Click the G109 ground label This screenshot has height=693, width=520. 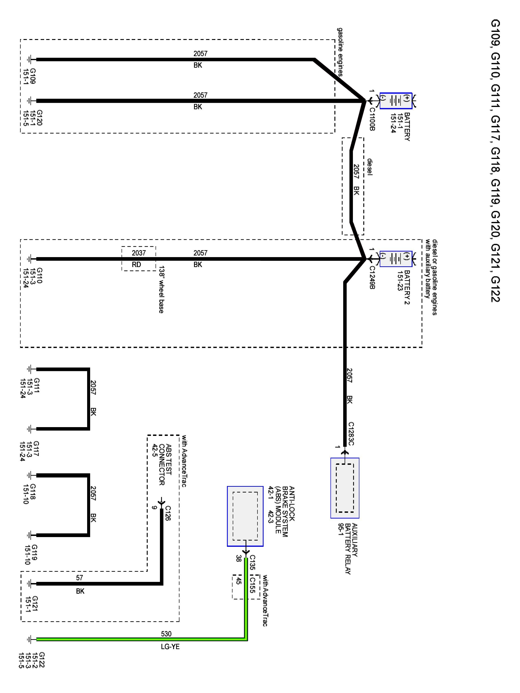[33, 76]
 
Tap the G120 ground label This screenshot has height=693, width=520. [40, 118]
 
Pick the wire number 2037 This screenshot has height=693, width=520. [138, 253]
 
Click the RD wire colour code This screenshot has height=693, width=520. [136, 265]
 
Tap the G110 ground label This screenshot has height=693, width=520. [40, 275]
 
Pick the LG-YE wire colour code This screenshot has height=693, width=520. [170, 647]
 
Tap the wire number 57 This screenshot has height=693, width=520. [80, 578]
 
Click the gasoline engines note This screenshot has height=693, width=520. [340, 52]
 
